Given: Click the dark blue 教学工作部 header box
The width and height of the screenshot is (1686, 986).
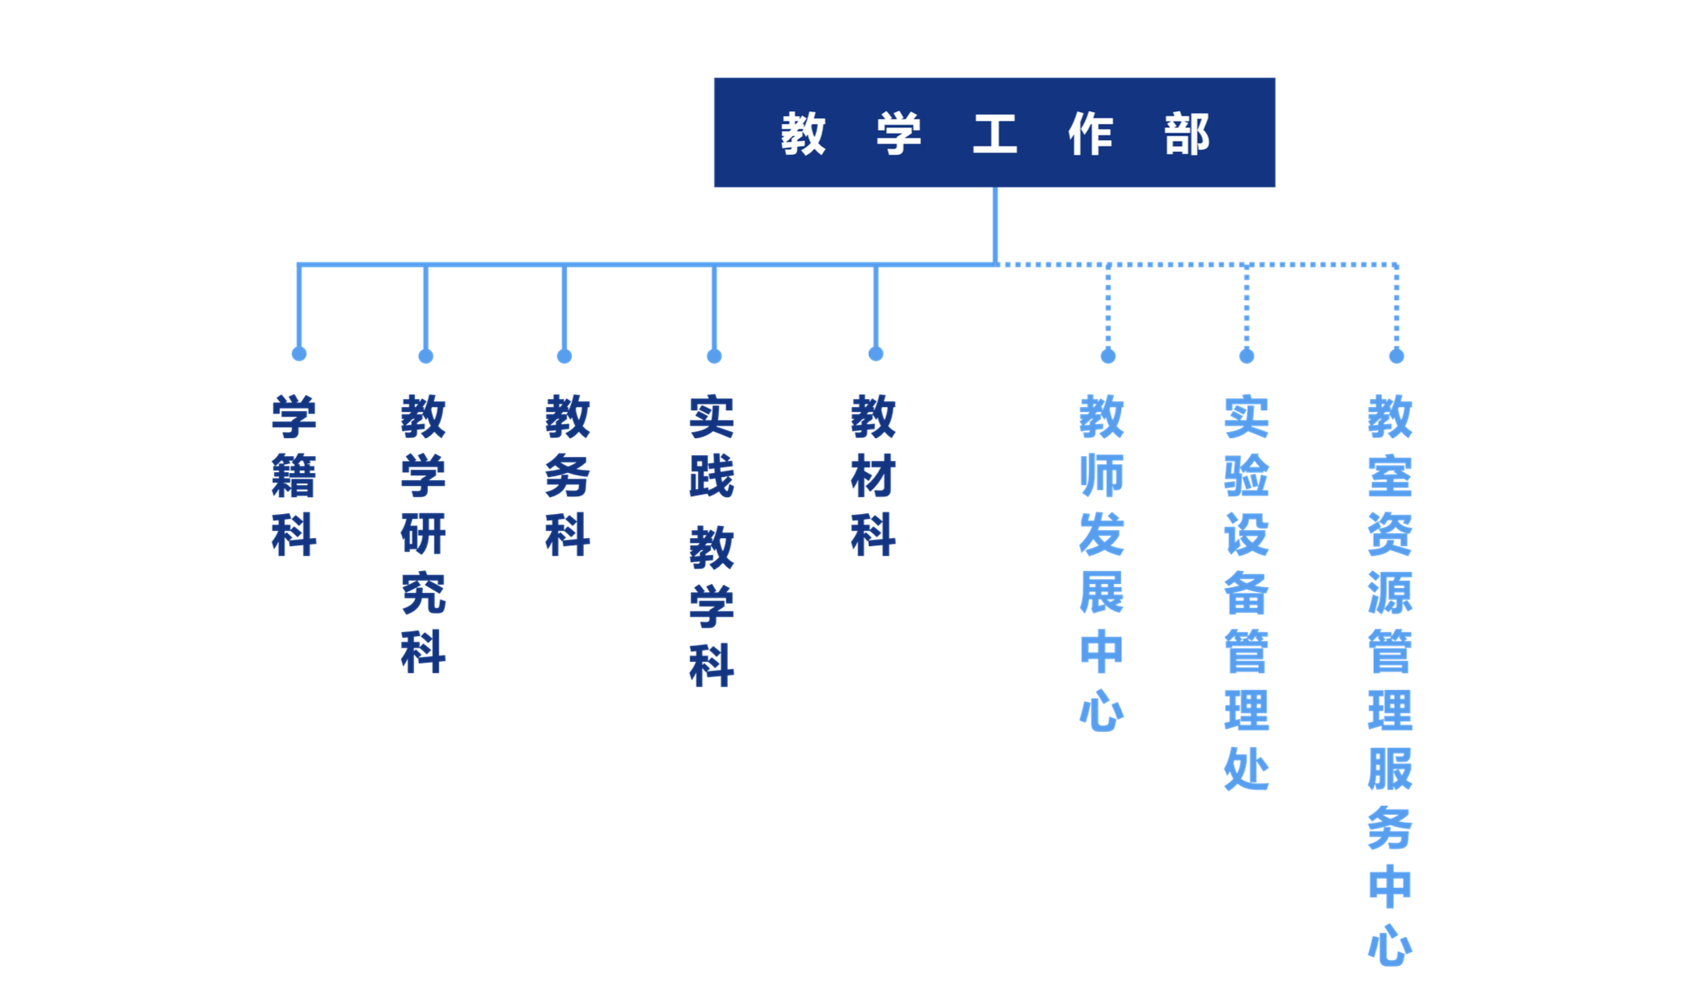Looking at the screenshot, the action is [994, 133].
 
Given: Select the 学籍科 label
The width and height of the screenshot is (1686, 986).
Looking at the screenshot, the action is [294, 475].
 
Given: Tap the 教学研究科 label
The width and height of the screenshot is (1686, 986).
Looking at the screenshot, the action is [423, 534].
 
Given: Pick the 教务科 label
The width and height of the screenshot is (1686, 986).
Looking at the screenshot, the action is [567, 475].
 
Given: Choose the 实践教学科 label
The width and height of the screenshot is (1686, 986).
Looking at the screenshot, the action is [711, 540].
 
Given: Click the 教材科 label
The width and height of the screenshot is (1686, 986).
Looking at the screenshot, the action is [873, 475].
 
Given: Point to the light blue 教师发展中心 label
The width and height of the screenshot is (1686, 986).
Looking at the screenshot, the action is [1101, 563].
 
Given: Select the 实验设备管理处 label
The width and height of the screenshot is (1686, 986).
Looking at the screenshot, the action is [1246, 593].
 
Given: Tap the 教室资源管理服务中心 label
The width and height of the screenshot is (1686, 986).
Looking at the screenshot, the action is [1390, 680].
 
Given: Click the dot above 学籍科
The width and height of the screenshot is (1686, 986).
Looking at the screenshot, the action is [299, 354].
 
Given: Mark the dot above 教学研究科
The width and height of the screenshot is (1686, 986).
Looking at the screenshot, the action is [426, 356].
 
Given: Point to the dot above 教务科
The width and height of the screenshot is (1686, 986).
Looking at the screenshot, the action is [565, 356].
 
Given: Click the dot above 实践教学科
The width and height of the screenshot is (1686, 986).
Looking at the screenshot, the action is [714, 356].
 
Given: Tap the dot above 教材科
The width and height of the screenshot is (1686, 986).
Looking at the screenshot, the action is [876, 354].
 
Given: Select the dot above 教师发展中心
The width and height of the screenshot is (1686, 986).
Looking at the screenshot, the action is [1108, 356].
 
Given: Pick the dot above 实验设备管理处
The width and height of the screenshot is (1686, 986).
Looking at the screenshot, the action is [1247, 356].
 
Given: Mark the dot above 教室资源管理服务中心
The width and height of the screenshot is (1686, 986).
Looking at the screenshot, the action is [1396, 356].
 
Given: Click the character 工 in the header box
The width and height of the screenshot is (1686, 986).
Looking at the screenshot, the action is [995, 134].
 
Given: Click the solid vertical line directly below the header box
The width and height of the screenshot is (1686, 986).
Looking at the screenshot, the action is [995, 226].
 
